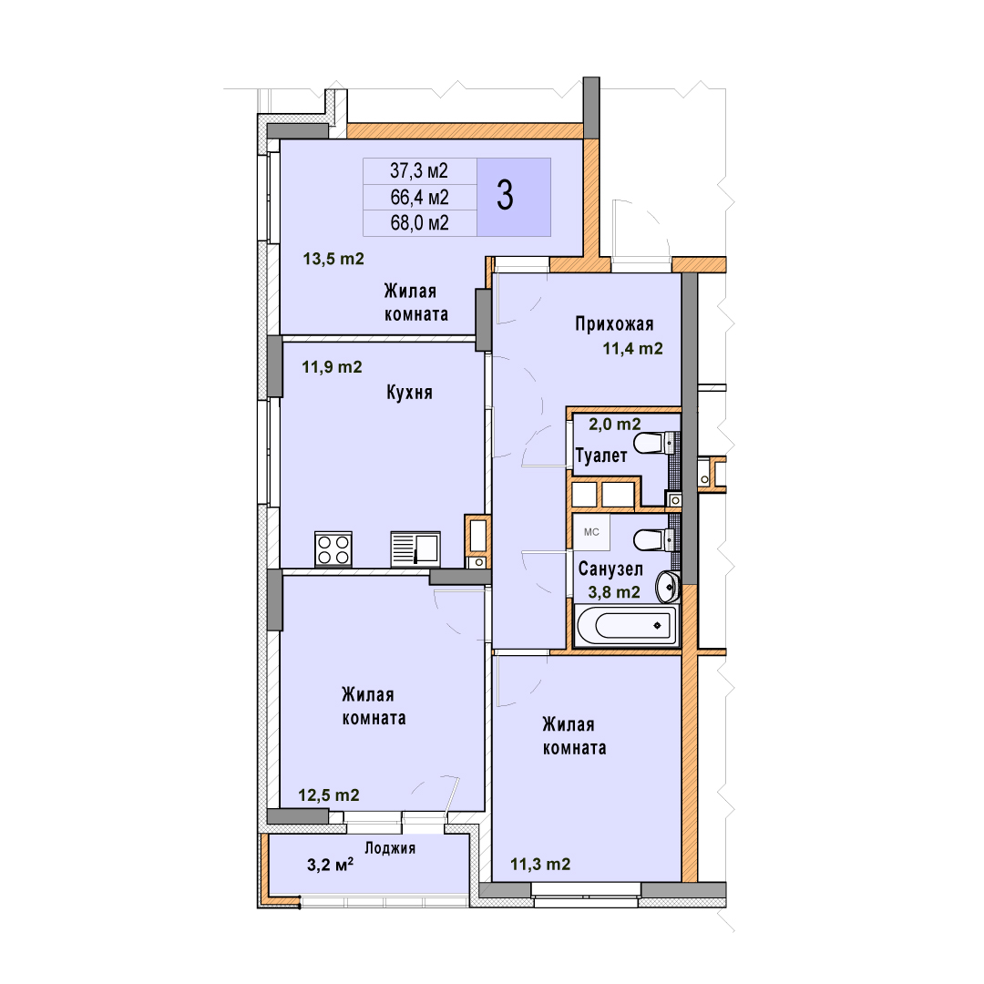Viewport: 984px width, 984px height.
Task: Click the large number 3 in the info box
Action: (x=505, y=196)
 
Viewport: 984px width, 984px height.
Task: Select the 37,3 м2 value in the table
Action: (x=419, y=170)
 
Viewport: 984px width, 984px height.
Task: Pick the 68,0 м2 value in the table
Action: (x=419, y=223)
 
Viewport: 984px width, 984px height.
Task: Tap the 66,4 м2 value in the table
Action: (x=419, y=197)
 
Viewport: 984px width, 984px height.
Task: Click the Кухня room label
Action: (x=409, y=393)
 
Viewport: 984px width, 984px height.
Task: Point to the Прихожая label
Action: (x=614, y=323)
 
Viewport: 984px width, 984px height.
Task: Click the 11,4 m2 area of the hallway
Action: (x=632, y=349)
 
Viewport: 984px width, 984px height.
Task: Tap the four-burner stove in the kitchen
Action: (x=333, y=549)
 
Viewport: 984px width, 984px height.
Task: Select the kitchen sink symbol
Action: (x=415, y=549)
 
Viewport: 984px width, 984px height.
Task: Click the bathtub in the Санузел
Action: (x=626, y=625)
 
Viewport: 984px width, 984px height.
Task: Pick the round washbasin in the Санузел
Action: (x=667, y=587)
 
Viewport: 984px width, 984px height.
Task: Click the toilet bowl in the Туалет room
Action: (x=651, y=444)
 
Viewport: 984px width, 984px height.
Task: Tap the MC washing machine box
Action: (x=591, y=532)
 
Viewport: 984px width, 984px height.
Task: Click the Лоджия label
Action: (x=390, y=848)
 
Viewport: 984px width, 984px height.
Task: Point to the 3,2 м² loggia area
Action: (x=330, y=865)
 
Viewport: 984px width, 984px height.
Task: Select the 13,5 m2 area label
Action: (x=333, y=259)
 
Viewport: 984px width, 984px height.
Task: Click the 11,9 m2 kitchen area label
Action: (x=332, y=367)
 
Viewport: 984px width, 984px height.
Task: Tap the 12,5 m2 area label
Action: (x=329, y=795)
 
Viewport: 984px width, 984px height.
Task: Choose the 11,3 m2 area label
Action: (x=540, y=865)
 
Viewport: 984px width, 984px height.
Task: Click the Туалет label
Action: (x=601, y=456)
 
